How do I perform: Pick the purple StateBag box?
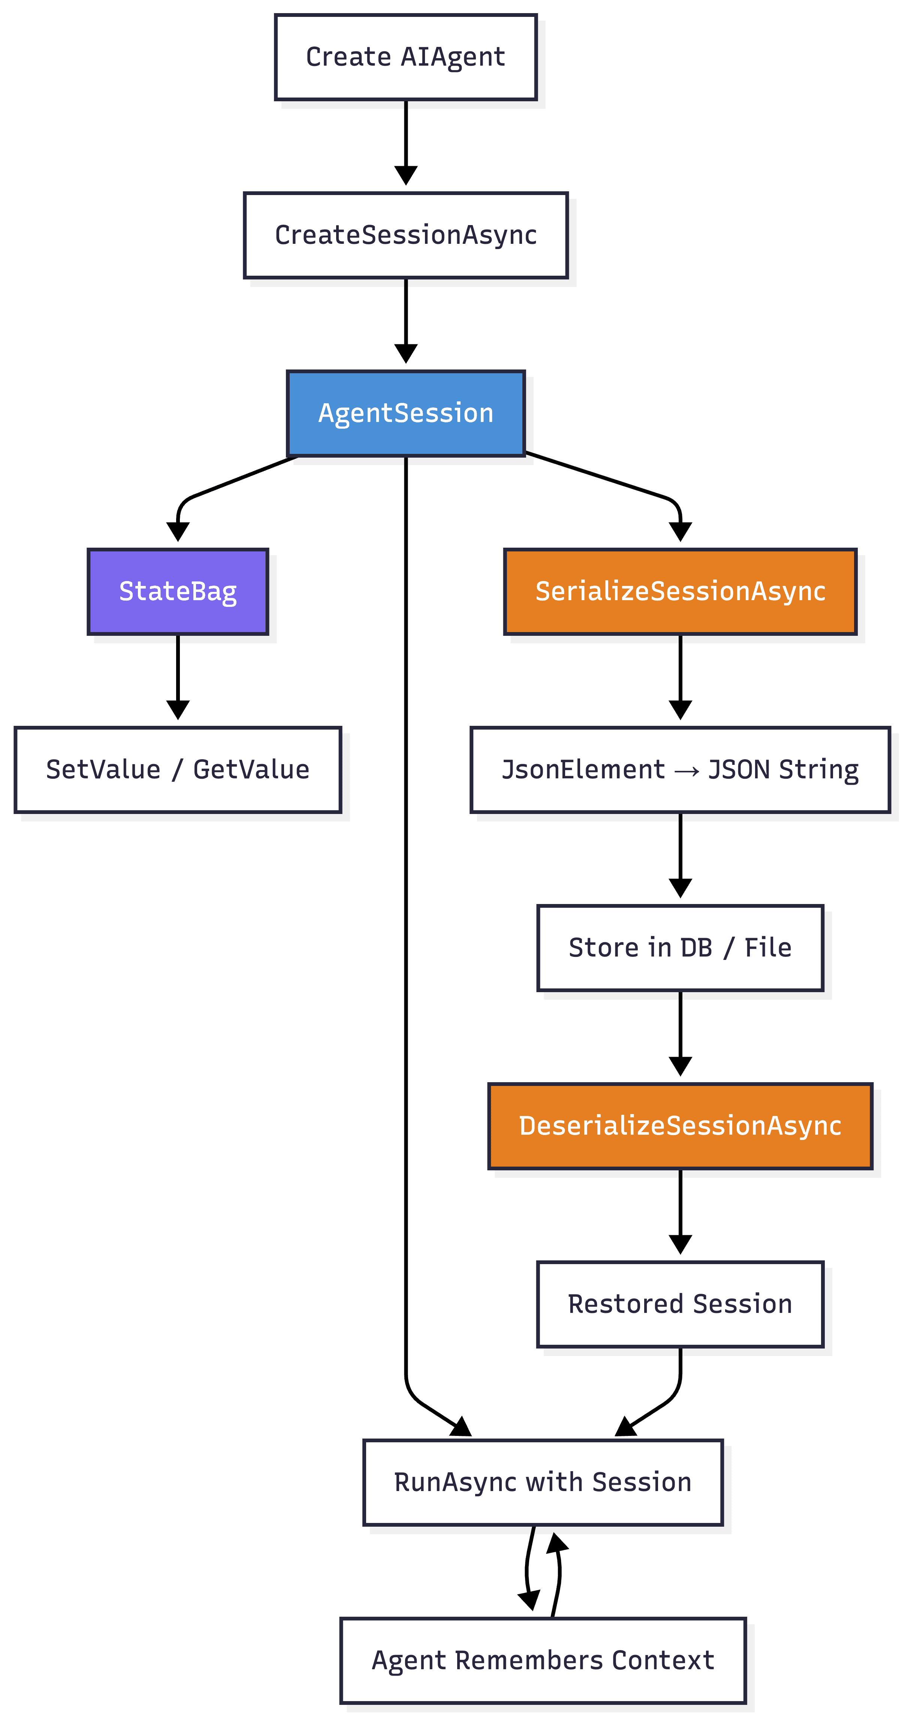click(178, 592)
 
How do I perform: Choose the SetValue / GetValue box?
click(178, 770)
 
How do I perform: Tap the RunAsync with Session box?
click(543, 1482)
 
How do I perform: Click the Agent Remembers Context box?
click(543, 1660)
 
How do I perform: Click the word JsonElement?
click(583, 770)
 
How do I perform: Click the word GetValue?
click(251, 770)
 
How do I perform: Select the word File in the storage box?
click(768, 948)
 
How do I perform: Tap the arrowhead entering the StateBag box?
click(178, 532)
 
